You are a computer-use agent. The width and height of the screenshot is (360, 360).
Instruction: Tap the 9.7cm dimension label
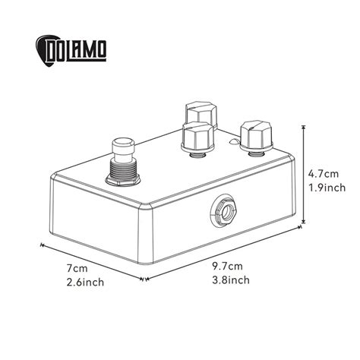pos(228,265)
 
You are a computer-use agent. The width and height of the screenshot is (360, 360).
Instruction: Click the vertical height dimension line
pos(306,175)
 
